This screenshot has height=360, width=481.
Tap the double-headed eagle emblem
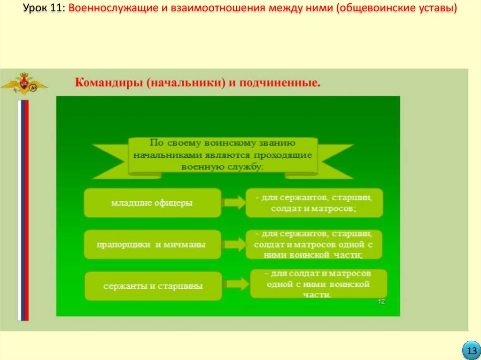tap(23, 84)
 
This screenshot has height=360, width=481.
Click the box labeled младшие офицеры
tap(152, 203)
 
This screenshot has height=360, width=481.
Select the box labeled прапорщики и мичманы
tap(152, 245)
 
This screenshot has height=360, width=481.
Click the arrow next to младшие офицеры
tap(234, 203)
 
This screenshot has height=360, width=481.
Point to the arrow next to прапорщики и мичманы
tap(234, 245)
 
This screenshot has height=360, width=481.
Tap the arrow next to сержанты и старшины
tap(236, 284)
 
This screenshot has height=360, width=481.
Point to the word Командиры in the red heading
tap(109, 84)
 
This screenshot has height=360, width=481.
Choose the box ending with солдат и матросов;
tap(314, 203)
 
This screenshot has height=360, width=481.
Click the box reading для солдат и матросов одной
tap(318, 283)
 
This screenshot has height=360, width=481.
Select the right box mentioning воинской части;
tap(314, 245)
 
